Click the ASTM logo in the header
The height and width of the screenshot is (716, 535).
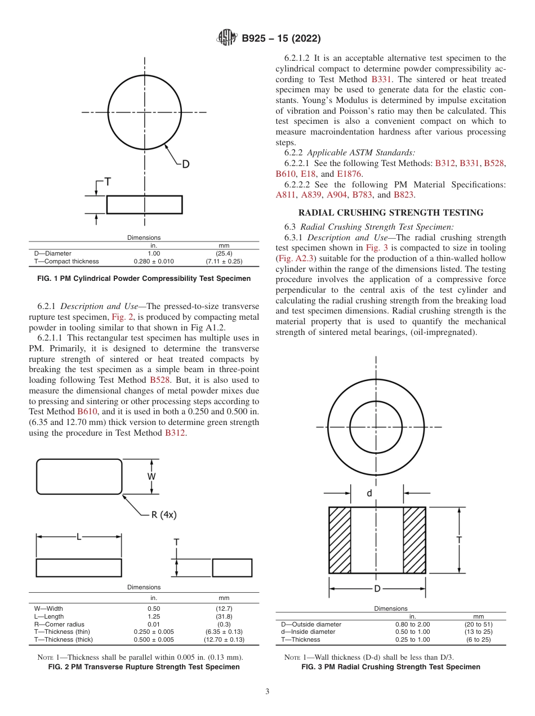click(x=227, y=38)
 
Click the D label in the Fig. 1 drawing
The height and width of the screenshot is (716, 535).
click(x=185, y=164)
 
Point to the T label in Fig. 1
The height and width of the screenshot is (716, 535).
click(x=107, y=182)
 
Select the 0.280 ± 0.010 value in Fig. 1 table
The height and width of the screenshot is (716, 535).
click(x=153, y=261)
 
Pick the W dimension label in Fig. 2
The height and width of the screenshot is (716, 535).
click(x=151, y=476)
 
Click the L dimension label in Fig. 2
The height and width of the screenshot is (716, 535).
click(x=79, y=537)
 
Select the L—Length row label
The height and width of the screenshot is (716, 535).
click(x=49, y=616)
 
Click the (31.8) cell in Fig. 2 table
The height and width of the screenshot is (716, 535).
click(x=224, y=616)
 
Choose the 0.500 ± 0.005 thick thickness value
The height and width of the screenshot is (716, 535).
click(x=153, y=639)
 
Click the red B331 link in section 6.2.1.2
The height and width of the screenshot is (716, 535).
click(x=381, y=79)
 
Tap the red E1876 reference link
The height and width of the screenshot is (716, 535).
click(x=350, y=174)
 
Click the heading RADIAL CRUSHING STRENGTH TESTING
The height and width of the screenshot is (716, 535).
click(x=390, y=213)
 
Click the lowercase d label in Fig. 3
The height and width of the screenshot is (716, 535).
click(x=369, y=493)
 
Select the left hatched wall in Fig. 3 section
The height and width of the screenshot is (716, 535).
click(x=340, y=540)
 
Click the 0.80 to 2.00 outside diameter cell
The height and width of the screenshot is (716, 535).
click(x=412, y=624)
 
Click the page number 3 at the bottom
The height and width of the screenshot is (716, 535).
click(x=267, y=691)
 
